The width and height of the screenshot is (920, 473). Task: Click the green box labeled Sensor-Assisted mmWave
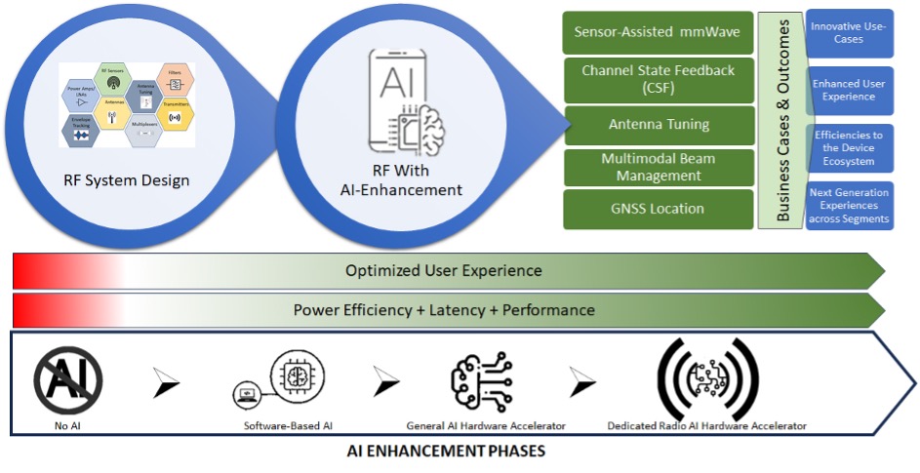point(659,32)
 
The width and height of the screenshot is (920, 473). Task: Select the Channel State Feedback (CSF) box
point(659,79)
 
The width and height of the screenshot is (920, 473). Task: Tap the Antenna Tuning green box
point(659,125)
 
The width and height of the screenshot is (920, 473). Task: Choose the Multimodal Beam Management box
point(659,167)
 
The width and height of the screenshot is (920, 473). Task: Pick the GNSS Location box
point(659,209)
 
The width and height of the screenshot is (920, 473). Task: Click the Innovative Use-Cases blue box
point(848,33)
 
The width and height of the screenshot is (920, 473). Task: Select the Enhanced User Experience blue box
point(848,91)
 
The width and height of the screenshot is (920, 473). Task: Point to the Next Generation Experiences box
point(848,206)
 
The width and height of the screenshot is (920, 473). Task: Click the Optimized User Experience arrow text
point(444,270)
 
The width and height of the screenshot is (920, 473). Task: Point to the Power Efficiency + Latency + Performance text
point(444,310)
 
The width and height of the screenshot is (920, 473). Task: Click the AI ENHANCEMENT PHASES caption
point(446,453)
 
